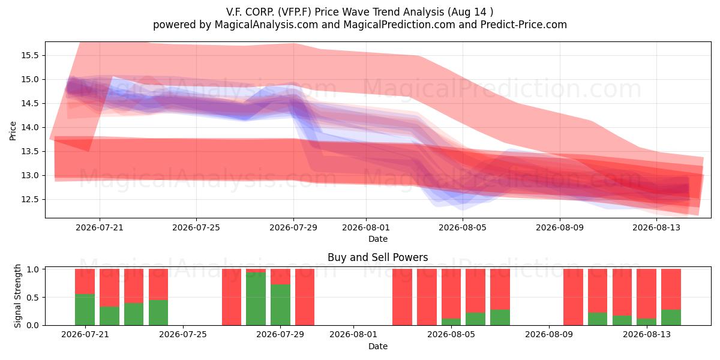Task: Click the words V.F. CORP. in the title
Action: coord(250,12)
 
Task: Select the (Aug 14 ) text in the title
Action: coord(470,12)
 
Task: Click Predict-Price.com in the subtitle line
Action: coord(524,25)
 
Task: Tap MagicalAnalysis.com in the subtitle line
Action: coord(266,25)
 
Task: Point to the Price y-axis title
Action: coord(13,131)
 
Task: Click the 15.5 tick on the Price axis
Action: coord(29,56)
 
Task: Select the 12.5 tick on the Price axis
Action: coord(29,200)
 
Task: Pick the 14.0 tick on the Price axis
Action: coord(29,128)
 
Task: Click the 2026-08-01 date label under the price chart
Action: coord(366,227)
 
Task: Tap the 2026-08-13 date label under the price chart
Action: coord(656,227)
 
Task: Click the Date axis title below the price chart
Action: coord(378,239)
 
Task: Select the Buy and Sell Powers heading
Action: coord(377,257)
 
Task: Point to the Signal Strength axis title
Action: coord(17,296)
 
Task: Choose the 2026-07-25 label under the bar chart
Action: coord(183,334)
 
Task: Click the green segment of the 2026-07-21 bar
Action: coord(85,310)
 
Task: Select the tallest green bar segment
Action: coord(256,299)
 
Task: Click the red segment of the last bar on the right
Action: coord(671,289)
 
